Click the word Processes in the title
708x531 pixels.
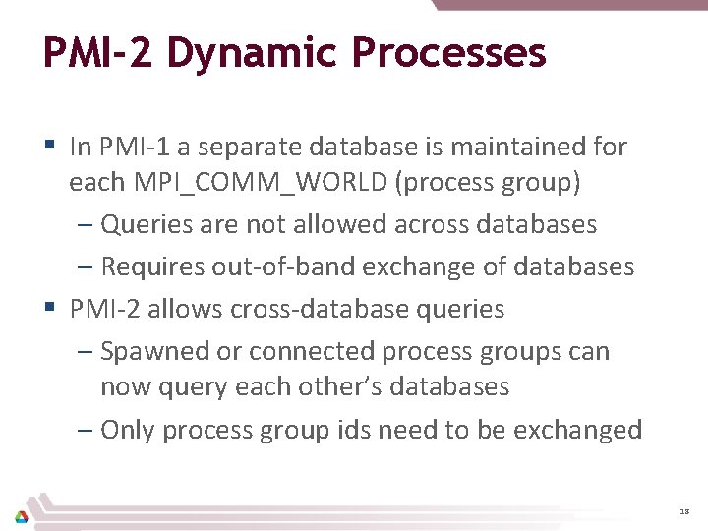[448, 53]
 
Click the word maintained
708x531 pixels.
[516, 147]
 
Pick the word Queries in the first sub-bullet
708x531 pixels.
[141, 224]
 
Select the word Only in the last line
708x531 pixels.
[128, 430]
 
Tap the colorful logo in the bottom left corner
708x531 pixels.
[22, 516]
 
